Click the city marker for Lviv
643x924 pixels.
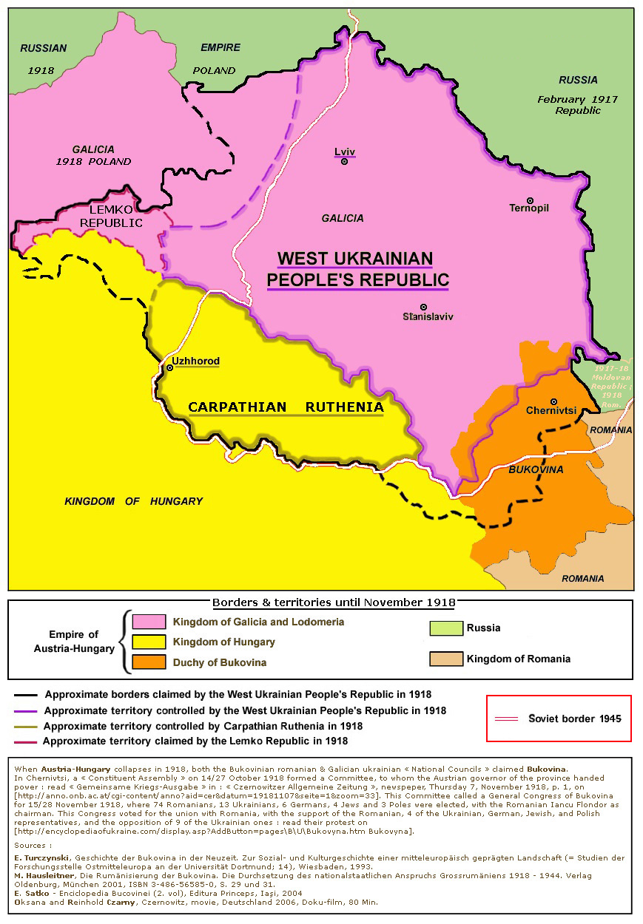(x=344, y=161)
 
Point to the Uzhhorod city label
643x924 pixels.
(x=195, y=361)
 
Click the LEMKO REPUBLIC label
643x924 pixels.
(x=111, y=216)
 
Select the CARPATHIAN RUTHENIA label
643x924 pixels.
(x=286, y=407)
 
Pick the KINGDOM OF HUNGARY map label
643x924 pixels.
(x=133, y=501)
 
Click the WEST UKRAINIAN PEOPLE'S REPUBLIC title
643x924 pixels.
(x=357, y=270)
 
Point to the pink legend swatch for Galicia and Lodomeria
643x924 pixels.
(x=148, y=622)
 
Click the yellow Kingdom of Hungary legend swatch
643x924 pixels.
(x=148, y=642)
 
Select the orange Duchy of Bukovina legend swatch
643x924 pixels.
(x=148, y=662)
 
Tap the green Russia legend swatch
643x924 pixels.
(x=445, y=628)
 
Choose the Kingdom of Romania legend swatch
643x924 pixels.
(x=445, y=659)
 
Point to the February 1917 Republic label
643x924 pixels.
(x=578, y=104)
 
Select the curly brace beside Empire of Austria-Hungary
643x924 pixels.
(x=124, y=642)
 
